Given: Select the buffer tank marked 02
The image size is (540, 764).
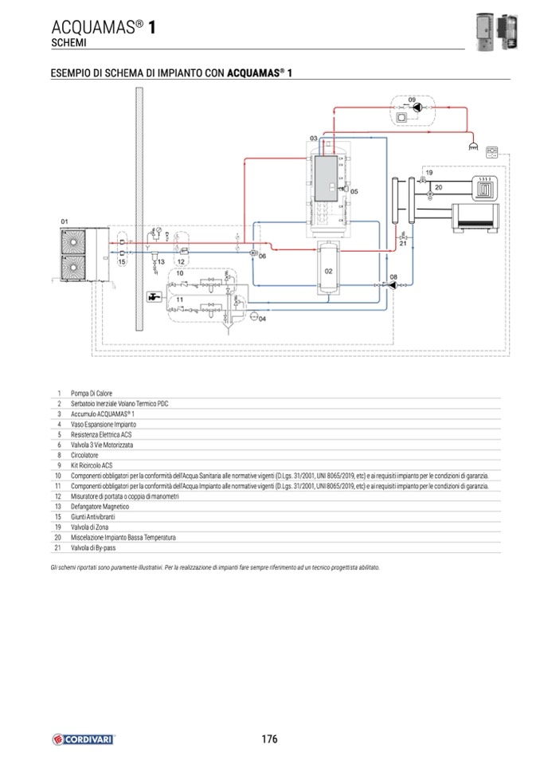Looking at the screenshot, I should [x=327, y=271].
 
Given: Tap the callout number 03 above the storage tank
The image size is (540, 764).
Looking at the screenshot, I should [x=314, y=139].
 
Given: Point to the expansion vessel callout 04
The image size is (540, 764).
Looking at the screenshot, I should [x=263, y=317].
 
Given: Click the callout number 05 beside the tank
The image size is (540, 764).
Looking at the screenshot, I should [x=354, y=191].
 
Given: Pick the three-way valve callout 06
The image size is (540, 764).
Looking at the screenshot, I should [x=261, y=256].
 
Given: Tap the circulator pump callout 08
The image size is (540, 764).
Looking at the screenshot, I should [x=393, y=276].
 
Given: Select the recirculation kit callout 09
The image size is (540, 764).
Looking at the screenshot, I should [x=412, y=100].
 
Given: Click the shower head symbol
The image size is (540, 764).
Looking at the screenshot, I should [x=472, y=147].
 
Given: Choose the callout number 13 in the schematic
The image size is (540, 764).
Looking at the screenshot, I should [x=160, y=261].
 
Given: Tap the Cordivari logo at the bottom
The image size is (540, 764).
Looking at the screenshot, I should [x=84, y=739].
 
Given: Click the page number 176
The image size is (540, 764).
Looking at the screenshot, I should [x=269, y=739].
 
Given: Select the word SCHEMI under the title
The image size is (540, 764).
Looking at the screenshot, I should [x=68, y=41].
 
